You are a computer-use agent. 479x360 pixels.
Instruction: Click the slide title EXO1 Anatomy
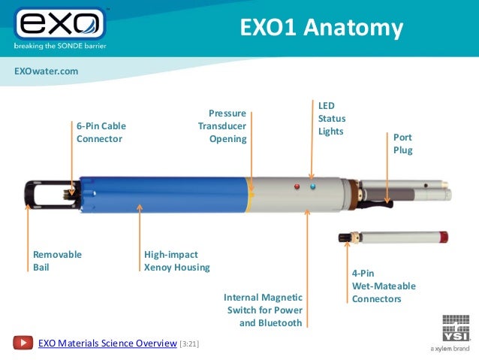click(x=321, y=28)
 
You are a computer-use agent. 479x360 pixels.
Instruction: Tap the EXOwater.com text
click(x=46, y=71)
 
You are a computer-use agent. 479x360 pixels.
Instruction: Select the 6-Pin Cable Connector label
click(x=101, y=132)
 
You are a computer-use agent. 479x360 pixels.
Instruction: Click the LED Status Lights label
click(x=331, y=119)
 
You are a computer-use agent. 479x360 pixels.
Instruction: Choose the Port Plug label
click(x=402, y=144)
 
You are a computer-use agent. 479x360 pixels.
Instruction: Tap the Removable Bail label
click(x=57, y=260)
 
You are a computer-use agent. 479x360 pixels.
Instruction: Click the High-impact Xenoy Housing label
click(x=176, y=260)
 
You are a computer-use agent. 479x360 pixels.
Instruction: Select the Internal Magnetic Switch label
click(x=263, y=310)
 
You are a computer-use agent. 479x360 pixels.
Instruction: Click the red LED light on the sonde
click(x=297, y=186)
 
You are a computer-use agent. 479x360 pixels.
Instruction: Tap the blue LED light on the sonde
click(x=312, y=186)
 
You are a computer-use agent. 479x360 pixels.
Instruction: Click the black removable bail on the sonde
click(x=41, y=193)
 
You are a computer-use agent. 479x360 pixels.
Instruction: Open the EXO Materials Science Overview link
click(x=107, y=343)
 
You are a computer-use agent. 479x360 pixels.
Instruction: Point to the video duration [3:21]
click(x=189, y=344)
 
